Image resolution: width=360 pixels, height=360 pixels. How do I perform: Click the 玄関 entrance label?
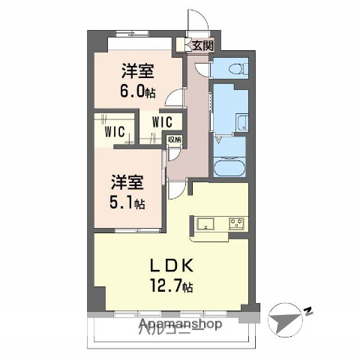[202, 46]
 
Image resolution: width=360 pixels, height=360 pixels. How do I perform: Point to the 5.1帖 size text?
[129, 202]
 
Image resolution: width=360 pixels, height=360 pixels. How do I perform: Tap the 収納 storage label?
[174, 139]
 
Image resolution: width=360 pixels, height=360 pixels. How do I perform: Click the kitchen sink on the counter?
[205, 223]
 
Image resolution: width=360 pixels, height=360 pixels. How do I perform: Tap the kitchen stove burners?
[236, 223]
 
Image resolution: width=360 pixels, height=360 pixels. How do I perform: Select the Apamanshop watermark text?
[179, 325]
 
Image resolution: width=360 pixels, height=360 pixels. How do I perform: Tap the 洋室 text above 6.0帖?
[138, 70]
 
